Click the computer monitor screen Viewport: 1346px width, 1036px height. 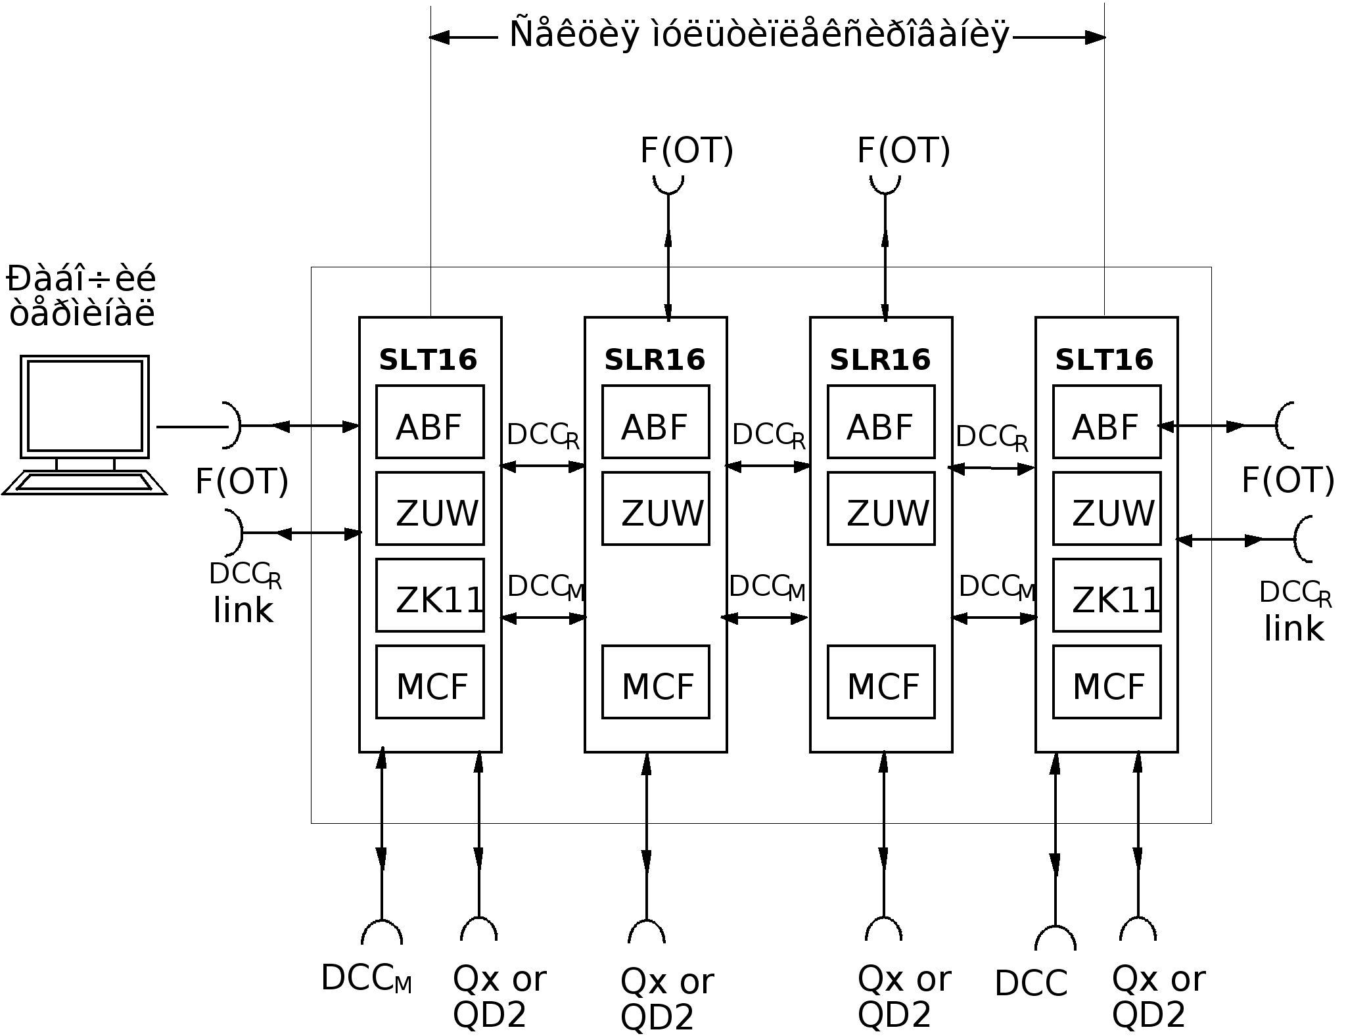coord(85,405)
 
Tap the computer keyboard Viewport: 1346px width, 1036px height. coord(84,482)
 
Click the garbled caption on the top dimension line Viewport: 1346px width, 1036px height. coord(759,35)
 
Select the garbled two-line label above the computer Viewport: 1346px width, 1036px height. coord(81,296)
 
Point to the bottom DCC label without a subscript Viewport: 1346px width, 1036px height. coord(1031,983)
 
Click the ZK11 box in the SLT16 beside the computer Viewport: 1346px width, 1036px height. coord(430,595)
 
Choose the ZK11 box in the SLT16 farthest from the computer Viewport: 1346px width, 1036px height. coord(1107,595)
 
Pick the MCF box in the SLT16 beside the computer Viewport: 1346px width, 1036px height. coord(430,682)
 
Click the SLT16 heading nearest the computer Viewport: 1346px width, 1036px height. coord(428,360)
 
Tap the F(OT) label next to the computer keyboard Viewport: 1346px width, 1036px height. coord(242,482)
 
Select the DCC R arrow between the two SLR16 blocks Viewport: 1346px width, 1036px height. coord(768,466)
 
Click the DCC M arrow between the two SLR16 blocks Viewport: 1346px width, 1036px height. coord(765,618)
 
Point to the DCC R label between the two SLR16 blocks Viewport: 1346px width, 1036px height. coord(768,436)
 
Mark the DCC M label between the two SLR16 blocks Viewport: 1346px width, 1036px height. coord(766,587)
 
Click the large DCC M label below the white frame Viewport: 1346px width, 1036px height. coord(366,979)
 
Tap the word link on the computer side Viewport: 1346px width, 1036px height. coord(243,610)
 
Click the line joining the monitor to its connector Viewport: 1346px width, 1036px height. coord(192,427)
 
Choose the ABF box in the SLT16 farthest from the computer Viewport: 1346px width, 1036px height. coord(1107,422)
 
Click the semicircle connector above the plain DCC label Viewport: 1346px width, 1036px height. coord(1056,937)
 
